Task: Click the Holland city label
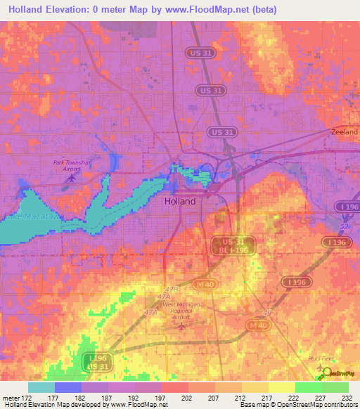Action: (x=179, y=200)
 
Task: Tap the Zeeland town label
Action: (x=344, y=131)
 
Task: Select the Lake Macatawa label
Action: (x=32, y=217)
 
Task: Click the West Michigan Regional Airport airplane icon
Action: (x=182, y=327)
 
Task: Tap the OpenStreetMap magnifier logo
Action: (x=326, y=373)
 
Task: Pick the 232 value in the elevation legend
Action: (x=346, y=396)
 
